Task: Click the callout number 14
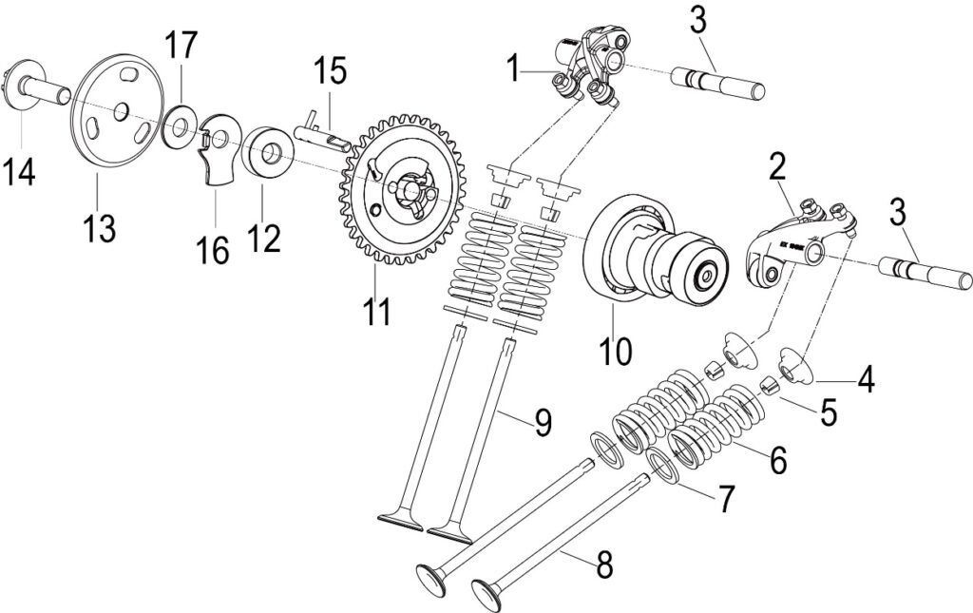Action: pyautogui.click(x=18, y=171)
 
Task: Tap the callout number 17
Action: pyautogui.click(x=181, y=46)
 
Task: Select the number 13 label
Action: pyautogui.click(x=99, y=228)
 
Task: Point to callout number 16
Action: pyautogui.click(x=213, y=250)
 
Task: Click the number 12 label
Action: pyautogui.click(x=264, y=236)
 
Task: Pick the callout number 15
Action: pyautogui.click(x=330, y=70)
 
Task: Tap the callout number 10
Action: pyautogui.click(x=615, y=351)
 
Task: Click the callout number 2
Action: pyautogui.click(x=777, y=167)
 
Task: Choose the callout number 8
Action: pyautogui.click(x=603, y=565)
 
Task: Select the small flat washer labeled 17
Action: pyautogui.click(x=181, y=126)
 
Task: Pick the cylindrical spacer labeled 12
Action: pyautogui.click(x=268, y=153)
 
